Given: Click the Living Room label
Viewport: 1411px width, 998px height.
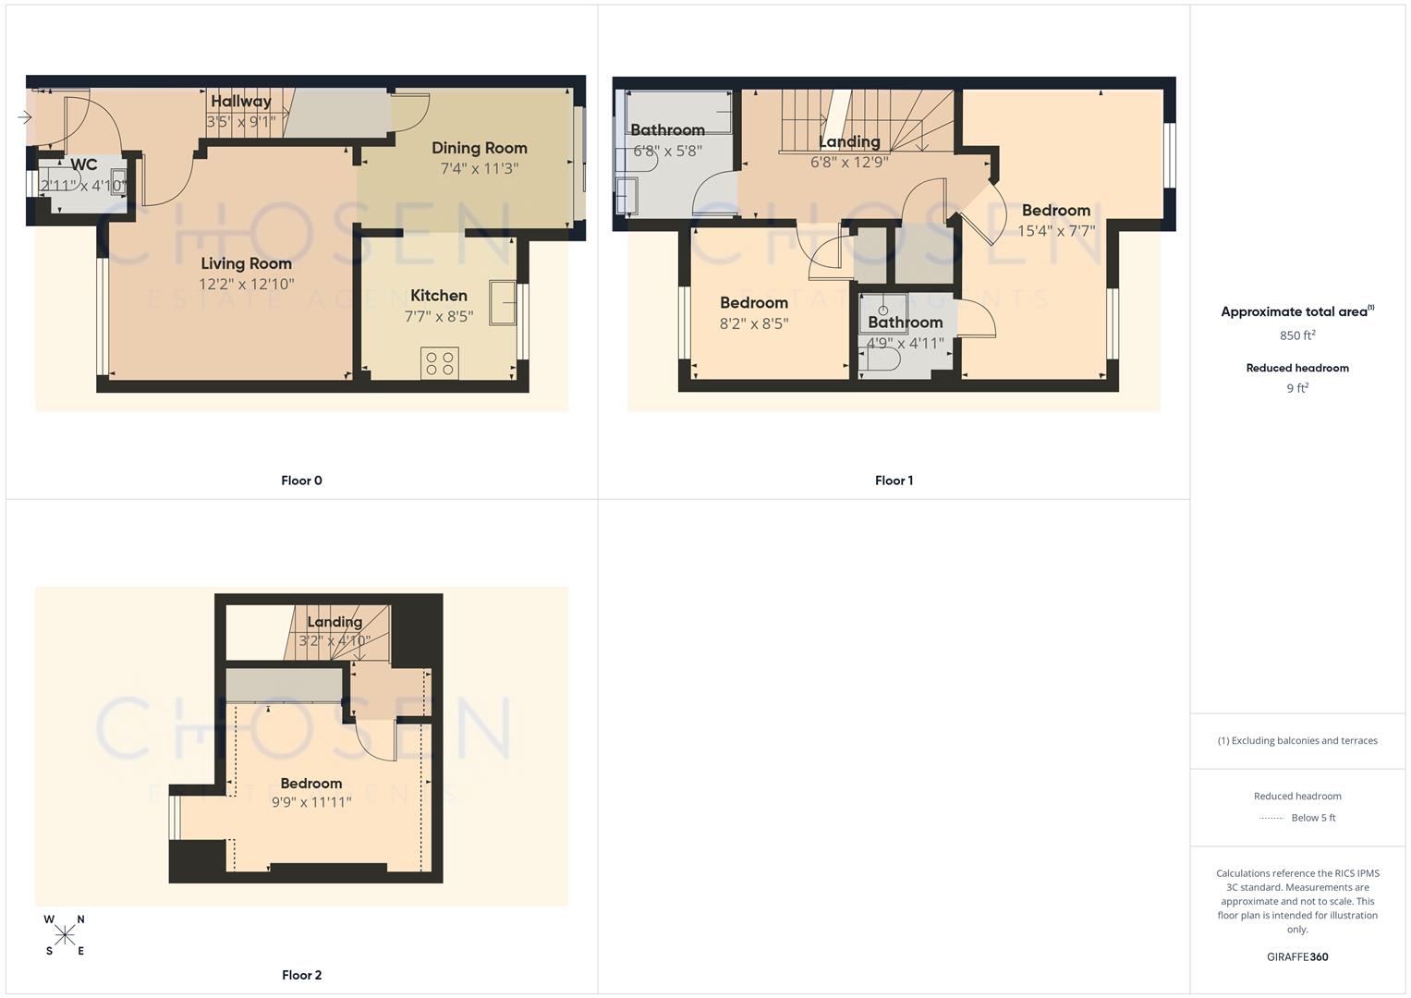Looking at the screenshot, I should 246,263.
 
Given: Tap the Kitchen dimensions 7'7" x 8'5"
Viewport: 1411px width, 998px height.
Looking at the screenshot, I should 439,316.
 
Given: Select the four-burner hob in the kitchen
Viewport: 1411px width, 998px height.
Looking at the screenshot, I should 440,362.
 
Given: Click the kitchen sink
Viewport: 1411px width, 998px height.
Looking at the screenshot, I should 503,303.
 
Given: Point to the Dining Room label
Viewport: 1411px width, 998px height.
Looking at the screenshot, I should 479,148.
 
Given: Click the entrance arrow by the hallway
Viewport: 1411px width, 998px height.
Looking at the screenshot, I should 25,117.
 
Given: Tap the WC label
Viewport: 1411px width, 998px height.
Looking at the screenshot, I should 83,164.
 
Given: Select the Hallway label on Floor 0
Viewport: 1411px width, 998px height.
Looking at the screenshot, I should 240,102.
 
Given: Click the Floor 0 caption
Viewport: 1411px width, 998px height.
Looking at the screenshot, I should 301,481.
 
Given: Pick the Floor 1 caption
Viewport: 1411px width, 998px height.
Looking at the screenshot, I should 894,481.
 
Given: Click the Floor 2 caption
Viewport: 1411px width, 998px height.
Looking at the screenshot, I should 301,975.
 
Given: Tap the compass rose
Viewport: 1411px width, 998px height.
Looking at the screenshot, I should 65,935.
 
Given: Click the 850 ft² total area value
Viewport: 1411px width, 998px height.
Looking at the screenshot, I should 1297,335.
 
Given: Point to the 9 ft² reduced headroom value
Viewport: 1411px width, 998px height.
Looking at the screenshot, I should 1297,388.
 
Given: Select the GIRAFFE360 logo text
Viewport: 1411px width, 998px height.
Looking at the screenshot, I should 1297,957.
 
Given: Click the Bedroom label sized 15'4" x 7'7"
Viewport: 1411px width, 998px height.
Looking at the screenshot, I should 1055,211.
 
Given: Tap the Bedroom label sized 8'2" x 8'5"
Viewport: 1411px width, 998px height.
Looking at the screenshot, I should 754,303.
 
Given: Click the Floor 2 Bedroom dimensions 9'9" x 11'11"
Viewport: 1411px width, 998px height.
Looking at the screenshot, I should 311,802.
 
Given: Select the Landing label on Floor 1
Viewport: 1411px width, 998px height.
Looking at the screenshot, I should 849,141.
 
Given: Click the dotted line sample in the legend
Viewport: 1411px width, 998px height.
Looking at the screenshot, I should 1271,818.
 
